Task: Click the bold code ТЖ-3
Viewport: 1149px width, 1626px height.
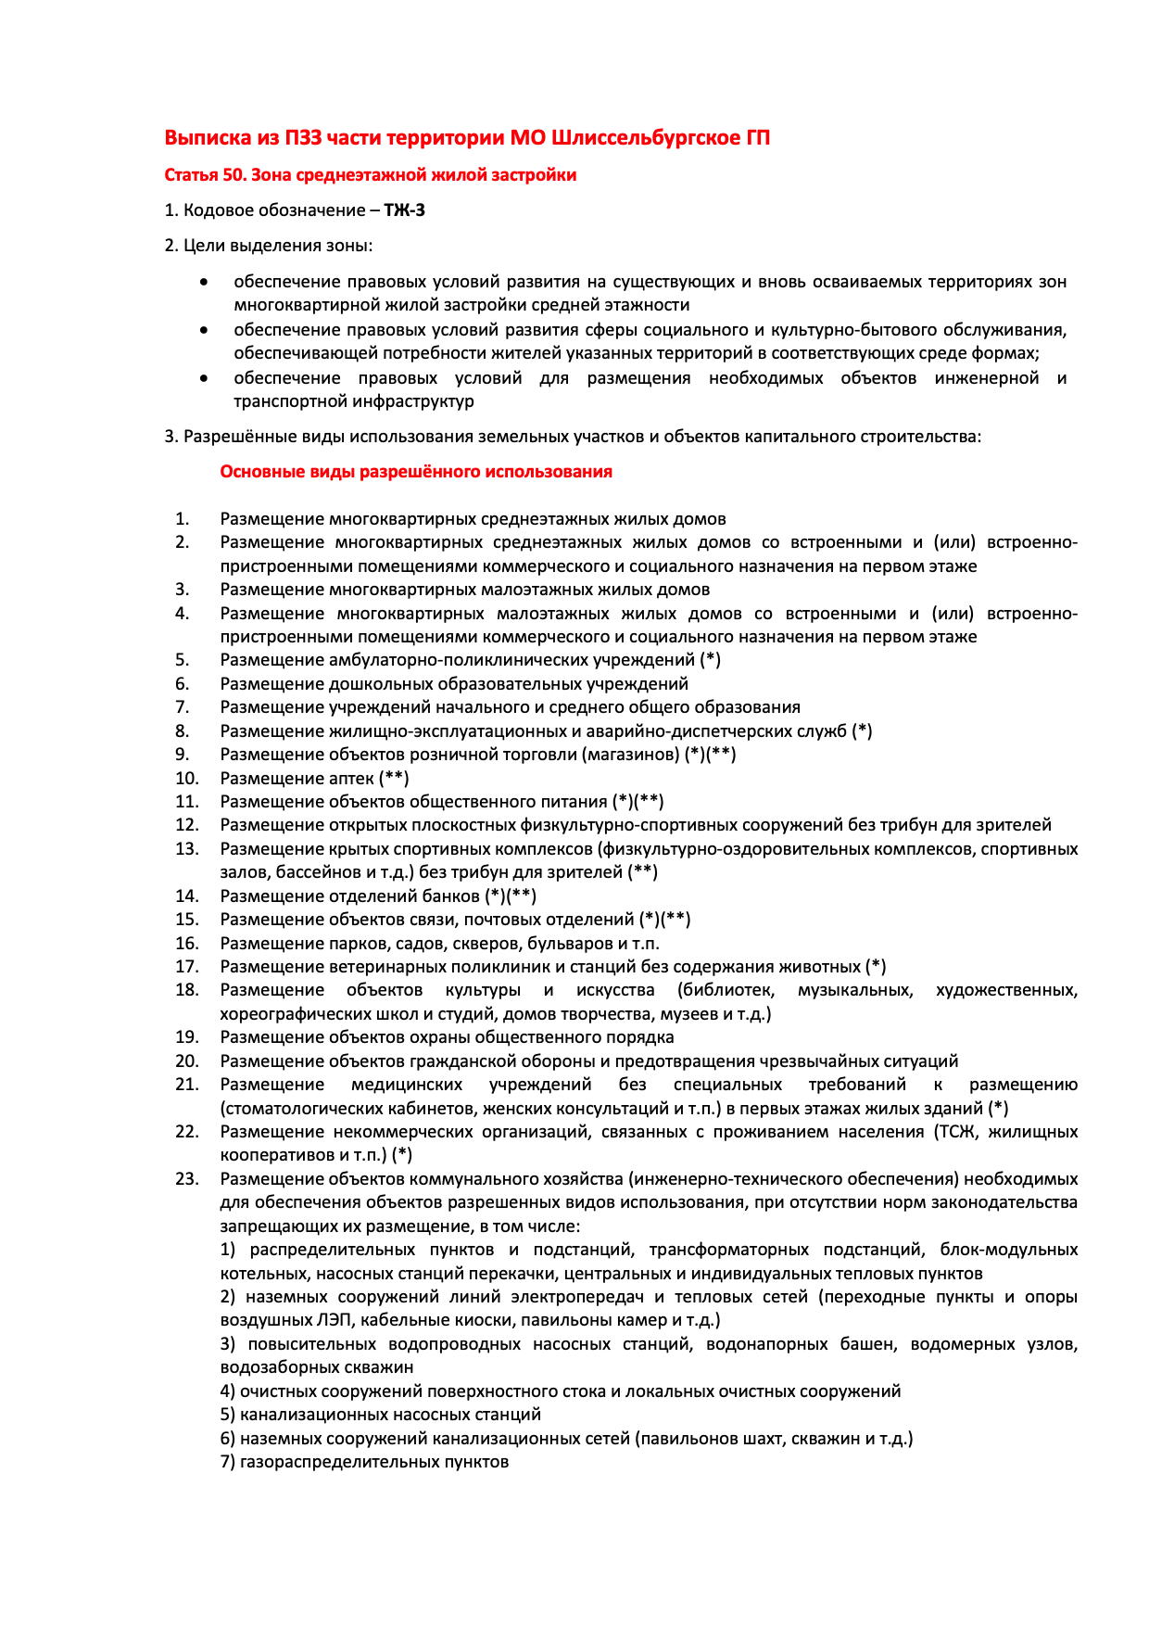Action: (405, 210)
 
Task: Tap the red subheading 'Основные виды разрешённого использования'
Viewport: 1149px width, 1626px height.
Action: (416, 472)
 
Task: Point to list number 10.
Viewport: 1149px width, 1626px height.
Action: (187, 778)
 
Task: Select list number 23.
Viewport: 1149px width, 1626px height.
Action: (187, 1178)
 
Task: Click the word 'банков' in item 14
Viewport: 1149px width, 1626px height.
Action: (451, 896)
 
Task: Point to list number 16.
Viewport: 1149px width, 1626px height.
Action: (187, 943)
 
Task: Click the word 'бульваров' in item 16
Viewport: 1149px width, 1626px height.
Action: (565, 943)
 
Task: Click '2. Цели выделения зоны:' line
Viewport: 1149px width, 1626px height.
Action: (269, 246)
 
